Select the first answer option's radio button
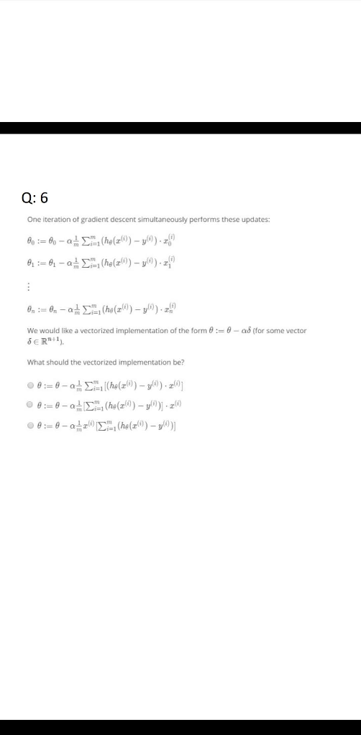[30, 386]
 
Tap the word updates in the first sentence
[252, 220]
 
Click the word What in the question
[35, 362]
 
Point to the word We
[32, 330]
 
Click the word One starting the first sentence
[34, 220]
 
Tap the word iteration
[57, 220]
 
